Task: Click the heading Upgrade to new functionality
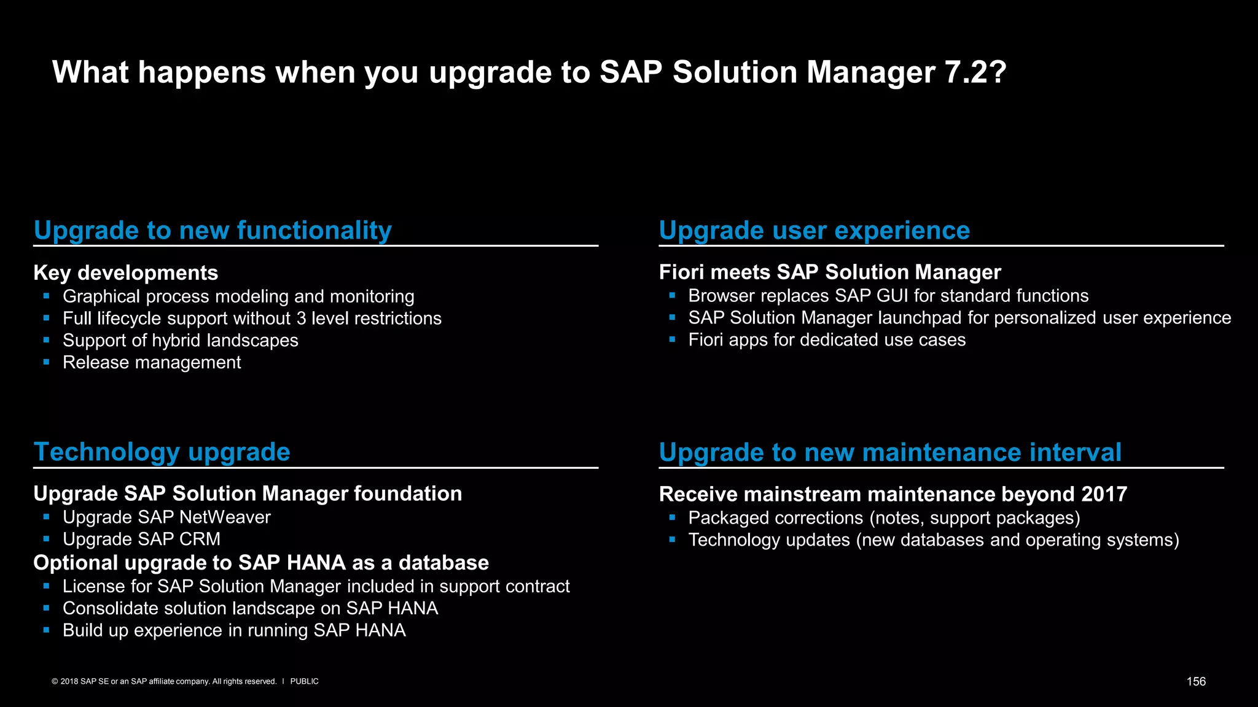213,231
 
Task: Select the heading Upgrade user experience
814,231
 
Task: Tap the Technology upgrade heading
162,452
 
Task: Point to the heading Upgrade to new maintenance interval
889,453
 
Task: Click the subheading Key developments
125,272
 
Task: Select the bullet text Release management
152,363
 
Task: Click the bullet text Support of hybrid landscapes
180,341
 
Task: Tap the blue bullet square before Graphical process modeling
46,296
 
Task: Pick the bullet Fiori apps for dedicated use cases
826,340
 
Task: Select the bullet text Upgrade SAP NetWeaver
166,517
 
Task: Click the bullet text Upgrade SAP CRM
141,539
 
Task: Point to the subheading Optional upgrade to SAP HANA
260,563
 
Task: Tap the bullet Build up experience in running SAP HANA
234,630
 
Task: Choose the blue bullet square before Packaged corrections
672,517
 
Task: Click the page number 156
1195,681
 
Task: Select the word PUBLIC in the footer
304,681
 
